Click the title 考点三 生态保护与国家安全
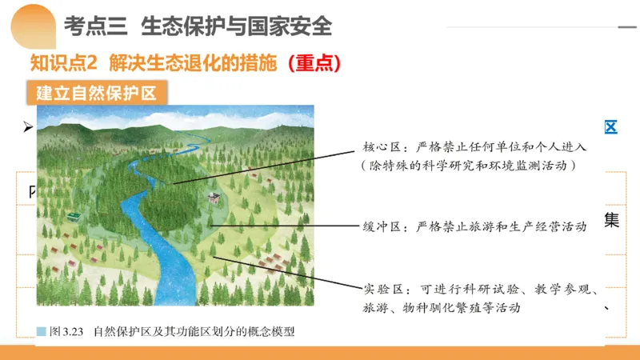pos(197,26)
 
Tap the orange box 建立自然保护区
pos(100,91)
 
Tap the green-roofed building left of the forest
pos(74,217)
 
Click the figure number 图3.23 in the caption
pos(66,330)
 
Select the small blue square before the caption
pos(42,330)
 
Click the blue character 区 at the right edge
pos(610,128)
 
